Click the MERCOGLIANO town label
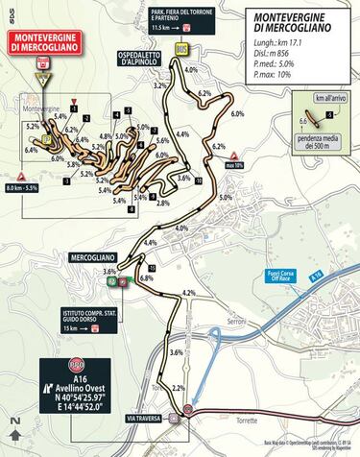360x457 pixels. (x=96, y=258)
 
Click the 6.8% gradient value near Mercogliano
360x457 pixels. (x=146, y=277)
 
